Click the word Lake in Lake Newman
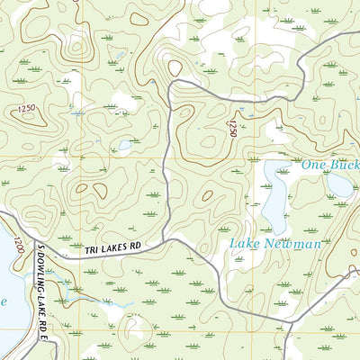[x=245, y=244]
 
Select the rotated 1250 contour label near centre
[x=232, y=126]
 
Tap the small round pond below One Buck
[x=340, y=185]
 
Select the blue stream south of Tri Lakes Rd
[x=90, y=297]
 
